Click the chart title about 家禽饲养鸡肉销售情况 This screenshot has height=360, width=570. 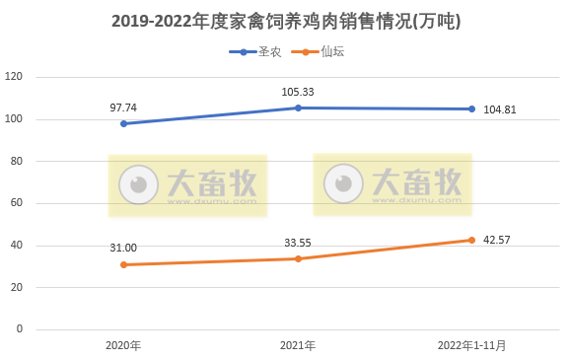[x=285, y=21]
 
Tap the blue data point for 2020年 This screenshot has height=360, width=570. [x=123, y=123]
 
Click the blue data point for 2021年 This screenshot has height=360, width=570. [x=297, y=108]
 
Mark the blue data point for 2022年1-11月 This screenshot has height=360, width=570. [x=471, y=108]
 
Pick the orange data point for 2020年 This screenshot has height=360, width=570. [x=123, y=264]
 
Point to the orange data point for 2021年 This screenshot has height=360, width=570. [x=297, y=258]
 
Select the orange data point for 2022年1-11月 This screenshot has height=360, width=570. [x=471, y=240]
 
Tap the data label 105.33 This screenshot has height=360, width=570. [x=297, y=92]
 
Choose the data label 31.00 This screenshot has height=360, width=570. [x=123, y=248]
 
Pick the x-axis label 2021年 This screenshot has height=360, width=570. [x=297, y=345]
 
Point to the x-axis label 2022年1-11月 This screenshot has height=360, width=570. [x=471, y=345]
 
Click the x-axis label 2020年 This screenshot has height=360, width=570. [x=123, y=345]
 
